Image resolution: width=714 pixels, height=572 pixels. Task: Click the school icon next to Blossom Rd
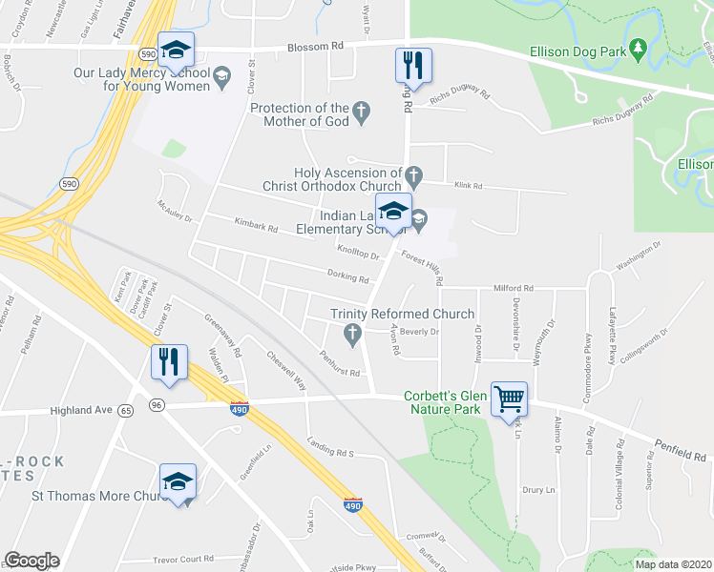176,51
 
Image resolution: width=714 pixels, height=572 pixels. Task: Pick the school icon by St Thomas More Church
178,483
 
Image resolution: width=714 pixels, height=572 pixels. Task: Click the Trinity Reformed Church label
402,314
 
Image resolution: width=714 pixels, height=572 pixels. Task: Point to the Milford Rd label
514,287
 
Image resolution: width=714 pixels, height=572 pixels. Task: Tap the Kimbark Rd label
256,228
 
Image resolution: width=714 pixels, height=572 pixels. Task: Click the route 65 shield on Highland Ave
125,408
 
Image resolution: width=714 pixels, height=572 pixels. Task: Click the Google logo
31,561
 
